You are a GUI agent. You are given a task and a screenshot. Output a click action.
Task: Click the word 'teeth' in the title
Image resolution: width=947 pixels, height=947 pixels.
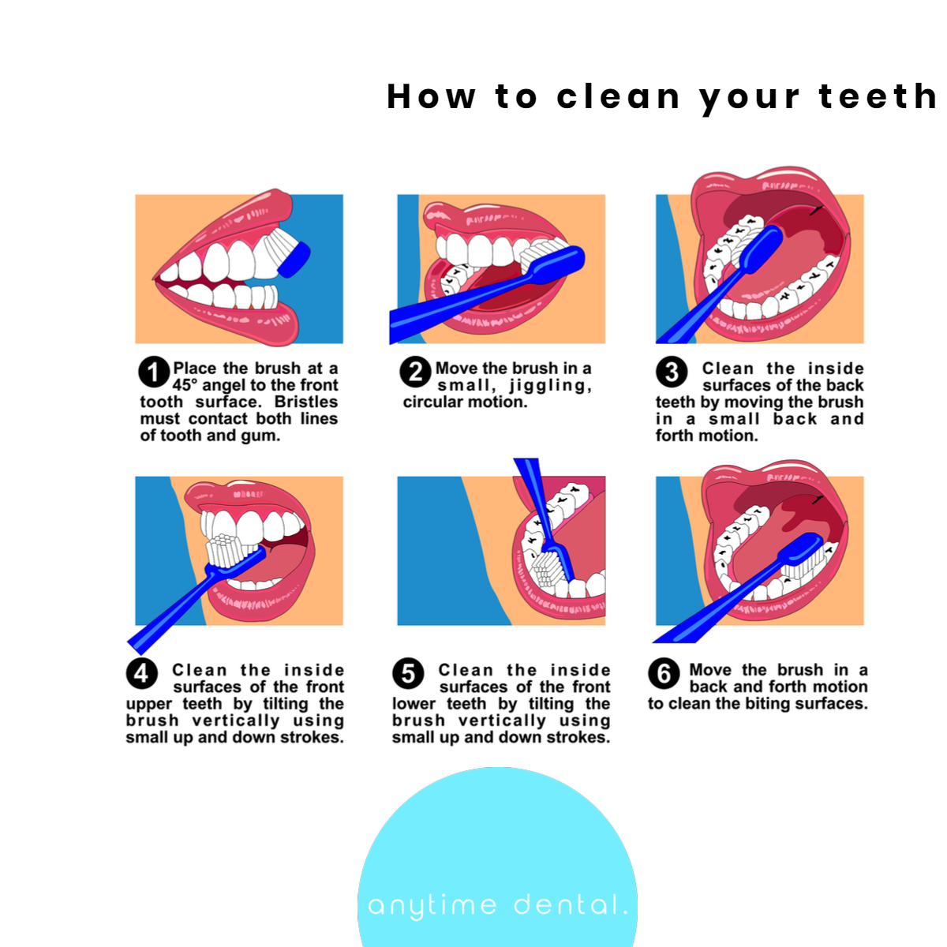pos(878,95)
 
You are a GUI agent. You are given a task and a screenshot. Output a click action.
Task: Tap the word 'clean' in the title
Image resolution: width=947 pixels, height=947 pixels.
pos(618,95)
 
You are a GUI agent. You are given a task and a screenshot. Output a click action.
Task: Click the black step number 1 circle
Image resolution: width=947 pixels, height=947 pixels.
pos(154,372)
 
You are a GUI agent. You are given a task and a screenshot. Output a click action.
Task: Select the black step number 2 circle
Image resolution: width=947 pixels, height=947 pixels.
pos(415,372)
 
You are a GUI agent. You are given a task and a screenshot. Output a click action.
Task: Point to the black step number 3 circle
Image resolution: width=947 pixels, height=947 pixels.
pos(672,372)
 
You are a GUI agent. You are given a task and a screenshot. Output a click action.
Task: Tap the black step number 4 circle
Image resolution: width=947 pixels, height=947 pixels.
pos(141,673)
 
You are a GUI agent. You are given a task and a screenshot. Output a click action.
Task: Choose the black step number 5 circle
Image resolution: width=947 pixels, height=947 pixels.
pos(408,673)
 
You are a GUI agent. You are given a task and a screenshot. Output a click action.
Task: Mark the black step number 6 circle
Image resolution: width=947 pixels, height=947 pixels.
pos(664,673)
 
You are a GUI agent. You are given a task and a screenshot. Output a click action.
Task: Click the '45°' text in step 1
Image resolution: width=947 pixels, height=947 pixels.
pos(185,385)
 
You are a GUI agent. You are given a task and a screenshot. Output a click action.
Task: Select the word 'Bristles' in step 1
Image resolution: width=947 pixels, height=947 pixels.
pos(305,402)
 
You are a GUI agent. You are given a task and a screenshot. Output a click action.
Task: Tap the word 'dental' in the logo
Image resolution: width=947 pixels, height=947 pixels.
pos(571,904)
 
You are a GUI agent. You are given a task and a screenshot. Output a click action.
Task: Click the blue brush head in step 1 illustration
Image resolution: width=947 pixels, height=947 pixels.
pos(294,260)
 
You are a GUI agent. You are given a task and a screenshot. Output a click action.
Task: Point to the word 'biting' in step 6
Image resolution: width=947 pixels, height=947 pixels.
pos(768,703)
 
